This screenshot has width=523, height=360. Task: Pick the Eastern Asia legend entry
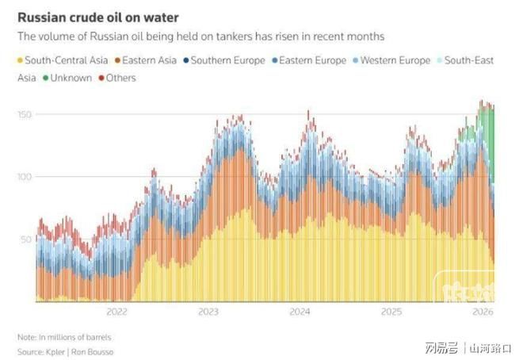[149, 60]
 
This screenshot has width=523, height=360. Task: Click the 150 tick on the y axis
[25, 115]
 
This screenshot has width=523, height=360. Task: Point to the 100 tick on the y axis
[25, 177]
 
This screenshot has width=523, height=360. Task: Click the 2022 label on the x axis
[117, 312]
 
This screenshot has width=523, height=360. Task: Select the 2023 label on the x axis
[208, 312]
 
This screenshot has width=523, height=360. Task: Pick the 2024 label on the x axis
[300, 312]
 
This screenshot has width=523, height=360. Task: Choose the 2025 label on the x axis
[391, 312]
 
